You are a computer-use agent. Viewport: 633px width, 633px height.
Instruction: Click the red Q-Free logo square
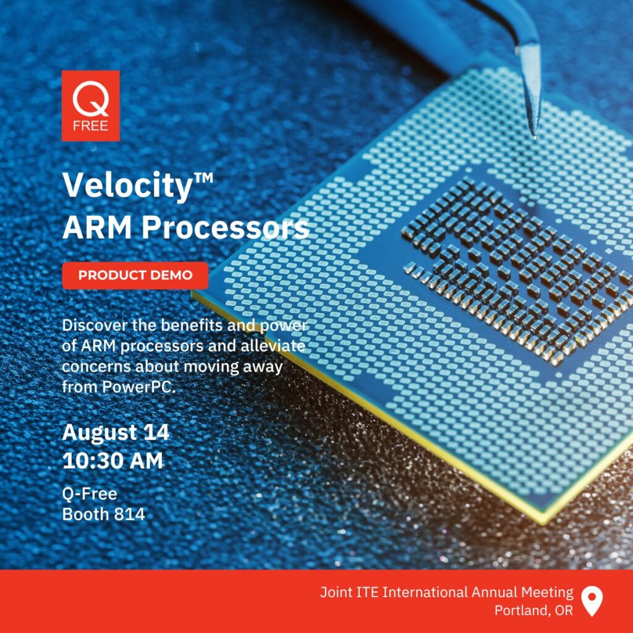coord(90,106)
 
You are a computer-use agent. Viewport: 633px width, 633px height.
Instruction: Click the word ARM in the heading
coord(97,227)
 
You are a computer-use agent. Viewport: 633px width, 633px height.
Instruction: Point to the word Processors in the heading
coord(225,227)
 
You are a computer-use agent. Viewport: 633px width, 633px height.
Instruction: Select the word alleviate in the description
coord(273,346)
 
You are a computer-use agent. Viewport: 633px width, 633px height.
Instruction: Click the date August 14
coord(116,432)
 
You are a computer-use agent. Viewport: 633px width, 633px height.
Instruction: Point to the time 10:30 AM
coord(113,461)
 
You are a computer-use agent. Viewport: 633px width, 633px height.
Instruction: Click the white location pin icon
coord(592,601)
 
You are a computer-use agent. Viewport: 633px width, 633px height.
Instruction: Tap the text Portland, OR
coord(533,610)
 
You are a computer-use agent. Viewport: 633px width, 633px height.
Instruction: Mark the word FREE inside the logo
coord(90,126)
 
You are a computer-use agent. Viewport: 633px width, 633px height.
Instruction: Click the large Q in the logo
coord(90,98)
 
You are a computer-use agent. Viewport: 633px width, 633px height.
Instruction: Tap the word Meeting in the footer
coord(547,593)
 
